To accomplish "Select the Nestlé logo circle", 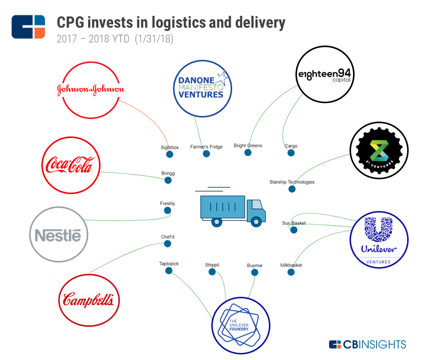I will [x=59, y=235].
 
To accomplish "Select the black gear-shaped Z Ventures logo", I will [x=379, y=151].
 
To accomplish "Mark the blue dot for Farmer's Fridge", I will [x=206, y=154].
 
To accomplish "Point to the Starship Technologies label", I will [x=292, y=182].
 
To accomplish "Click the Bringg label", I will [x=168, y=174].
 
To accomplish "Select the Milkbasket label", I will [x=291, y=265].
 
